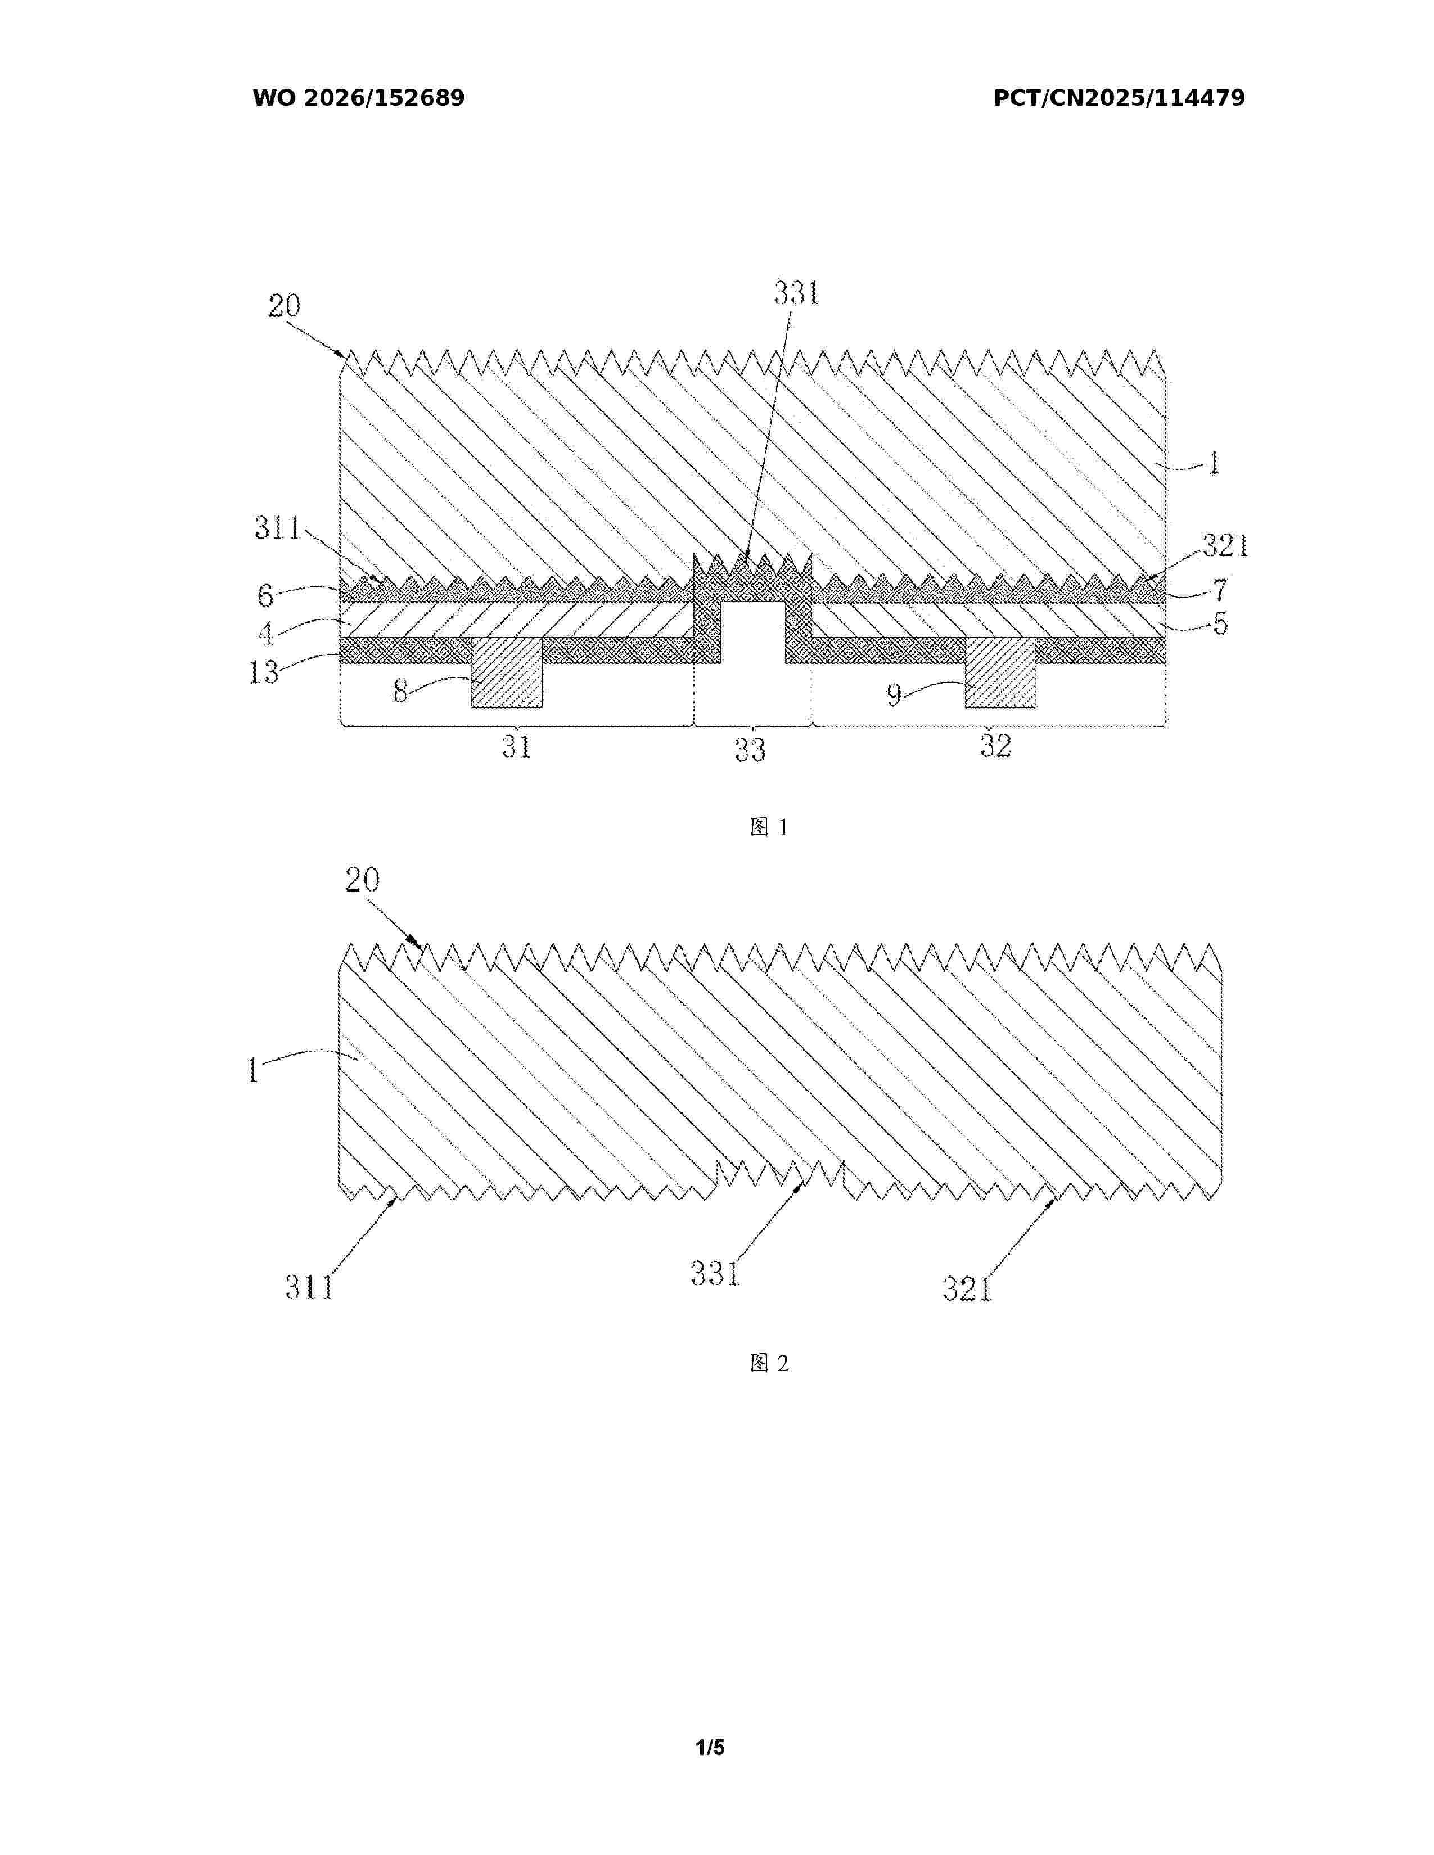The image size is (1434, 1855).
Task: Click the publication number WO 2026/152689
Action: (359, 98)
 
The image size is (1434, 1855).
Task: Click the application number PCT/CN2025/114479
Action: (1119, 98)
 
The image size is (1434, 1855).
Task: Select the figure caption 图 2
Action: (770, 1363)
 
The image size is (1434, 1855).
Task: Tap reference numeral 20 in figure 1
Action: (285, 306)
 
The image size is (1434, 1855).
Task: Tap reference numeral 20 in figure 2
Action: (362, 880)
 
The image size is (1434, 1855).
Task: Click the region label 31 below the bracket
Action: (516, 746)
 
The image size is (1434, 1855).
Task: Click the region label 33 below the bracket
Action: (750, 750)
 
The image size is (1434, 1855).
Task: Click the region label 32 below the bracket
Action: (995, 746)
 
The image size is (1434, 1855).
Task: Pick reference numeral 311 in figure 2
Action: (309, 1288)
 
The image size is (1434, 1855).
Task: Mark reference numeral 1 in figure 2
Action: (253, 1070)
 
